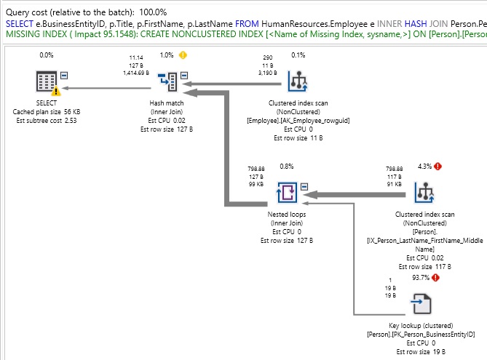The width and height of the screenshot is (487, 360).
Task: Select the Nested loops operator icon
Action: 287,193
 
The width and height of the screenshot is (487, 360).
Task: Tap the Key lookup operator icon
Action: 423,302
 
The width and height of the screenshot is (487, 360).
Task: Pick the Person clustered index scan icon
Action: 424,193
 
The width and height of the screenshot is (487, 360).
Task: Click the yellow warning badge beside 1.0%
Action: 183,55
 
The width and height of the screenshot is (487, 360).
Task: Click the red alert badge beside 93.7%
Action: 437,278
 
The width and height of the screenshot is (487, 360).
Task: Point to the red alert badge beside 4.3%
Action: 439,166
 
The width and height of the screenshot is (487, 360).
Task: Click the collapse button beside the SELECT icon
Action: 64,74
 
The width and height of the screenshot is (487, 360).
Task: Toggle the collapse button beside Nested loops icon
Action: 306,185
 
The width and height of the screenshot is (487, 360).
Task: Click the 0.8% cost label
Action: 287,166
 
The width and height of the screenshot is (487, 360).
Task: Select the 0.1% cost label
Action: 298,55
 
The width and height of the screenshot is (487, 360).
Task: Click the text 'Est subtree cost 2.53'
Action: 47,120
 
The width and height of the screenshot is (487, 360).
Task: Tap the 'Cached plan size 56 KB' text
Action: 47,111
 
